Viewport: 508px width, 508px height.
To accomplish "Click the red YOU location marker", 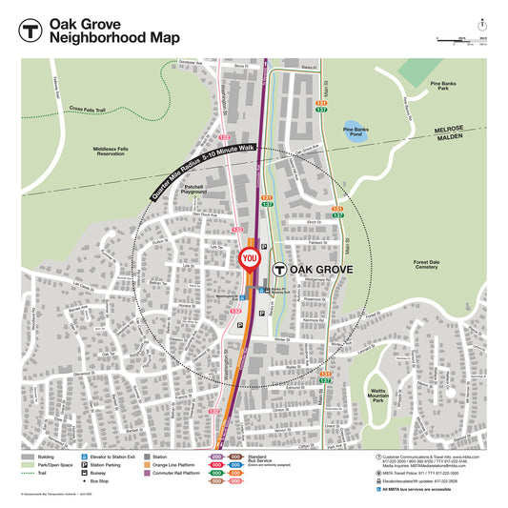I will [251, 258].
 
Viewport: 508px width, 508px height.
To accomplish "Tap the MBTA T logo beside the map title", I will [32, 30].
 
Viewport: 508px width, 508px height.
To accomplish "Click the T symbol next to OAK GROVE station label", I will [279, 271].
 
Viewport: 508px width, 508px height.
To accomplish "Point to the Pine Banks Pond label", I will [355, 132].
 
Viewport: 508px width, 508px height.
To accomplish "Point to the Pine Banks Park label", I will [443, 87].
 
